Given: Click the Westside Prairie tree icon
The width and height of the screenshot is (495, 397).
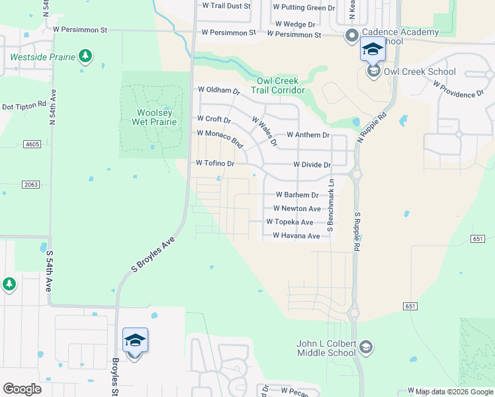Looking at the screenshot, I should pos(85,56).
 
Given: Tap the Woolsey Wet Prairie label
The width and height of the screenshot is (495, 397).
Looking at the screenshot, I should pos(156,117).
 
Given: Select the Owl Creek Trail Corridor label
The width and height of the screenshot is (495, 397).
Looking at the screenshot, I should pos(281,85).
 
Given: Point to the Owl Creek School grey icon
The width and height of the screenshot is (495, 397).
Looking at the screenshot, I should pos(373,71).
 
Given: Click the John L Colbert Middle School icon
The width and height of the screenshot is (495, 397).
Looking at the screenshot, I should pos(367,347).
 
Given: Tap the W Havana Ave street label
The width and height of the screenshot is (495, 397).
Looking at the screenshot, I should pos(296,236).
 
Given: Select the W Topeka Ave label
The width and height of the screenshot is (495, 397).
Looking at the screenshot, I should pos(289,222).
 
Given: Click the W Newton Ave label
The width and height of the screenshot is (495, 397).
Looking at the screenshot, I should pos(296,208).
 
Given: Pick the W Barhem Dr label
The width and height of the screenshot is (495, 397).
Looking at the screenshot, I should pos(296,195).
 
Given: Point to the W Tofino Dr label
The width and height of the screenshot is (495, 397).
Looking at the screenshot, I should pos(216,163).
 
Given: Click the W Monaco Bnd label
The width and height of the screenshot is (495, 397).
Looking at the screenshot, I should pos(220,138).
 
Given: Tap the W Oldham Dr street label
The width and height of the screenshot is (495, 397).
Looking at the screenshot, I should pos(218,90).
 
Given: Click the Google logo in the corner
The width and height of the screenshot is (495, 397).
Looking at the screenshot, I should pos(22,388).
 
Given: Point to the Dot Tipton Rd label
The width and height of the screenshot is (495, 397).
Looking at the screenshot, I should pos(24,106).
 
